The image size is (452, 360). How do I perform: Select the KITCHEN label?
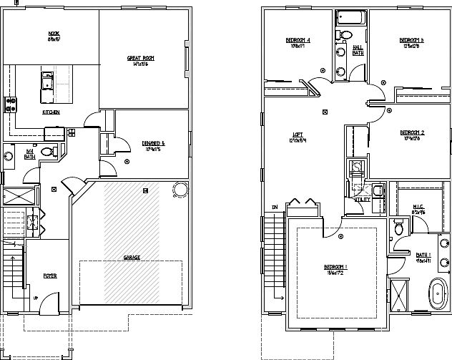point(50,112)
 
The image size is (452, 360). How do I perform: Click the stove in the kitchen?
point(9,104)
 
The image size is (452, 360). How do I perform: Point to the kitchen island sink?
point(48,80)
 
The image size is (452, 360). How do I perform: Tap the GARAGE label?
point(131,257)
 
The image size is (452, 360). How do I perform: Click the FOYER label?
point(50,276)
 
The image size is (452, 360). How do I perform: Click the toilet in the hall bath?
point(346,35)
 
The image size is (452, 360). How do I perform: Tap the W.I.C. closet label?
point(419,208)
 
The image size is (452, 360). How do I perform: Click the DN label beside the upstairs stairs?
point(275,208)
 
